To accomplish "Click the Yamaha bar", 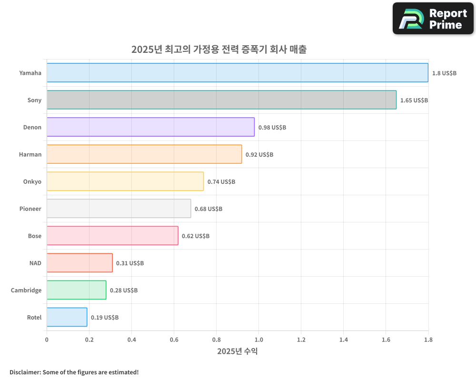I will click(237, 73).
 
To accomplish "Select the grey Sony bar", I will click(221, 100).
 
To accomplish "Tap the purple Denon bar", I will click(150, 127).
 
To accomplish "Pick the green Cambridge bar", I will click(76, 290).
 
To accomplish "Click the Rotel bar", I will click(67, 317).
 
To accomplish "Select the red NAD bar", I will click(79, 263).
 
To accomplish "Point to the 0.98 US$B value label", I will click(272, 128).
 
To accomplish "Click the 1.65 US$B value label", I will click(414, 100).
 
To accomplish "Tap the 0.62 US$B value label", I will click(196, 236).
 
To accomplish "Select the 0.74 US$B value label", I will click(221, 182).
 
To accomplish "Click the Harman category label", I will click(30, 154).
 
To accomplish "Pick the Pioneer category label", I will click(30, 209).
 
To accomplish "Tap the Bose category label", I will click(34, 236).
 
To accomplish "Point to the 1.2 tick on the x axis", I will click(301, 340).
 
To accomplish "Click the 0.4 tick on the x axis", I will click(131, 340).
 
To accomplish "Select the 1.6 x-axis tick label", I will click(386, 340).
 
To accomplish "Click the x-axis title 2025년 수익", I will click(237, 351).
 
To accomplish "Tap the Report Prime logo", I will click(434, 19).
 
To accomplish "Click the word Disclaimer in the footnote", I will click(25, 372).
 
